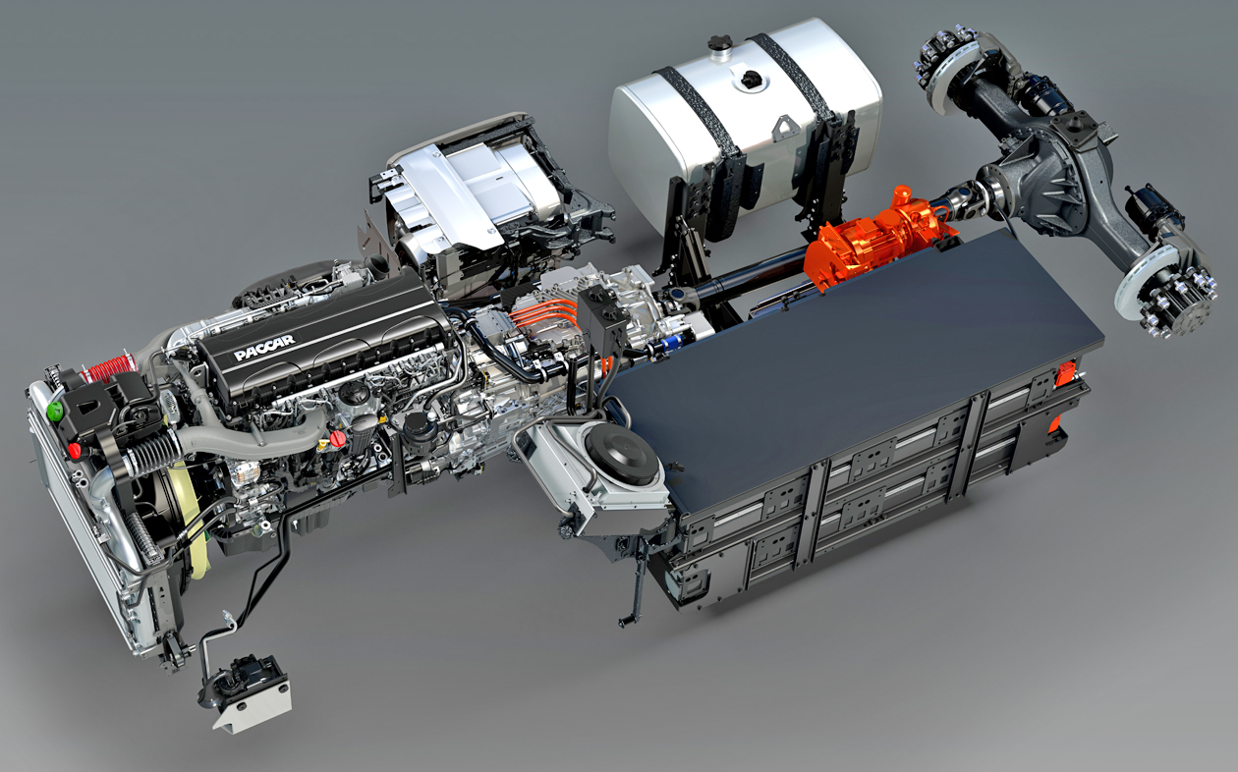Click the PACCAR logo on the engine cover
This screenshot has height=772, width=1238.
(264, 347)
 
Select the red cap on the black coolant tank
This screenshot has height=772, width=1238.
(75, 451)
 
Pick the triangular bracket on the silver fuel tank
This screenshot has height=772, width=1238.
(784, 129)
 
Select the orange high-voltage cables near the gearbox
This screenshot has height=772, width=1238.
(544, 313)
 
